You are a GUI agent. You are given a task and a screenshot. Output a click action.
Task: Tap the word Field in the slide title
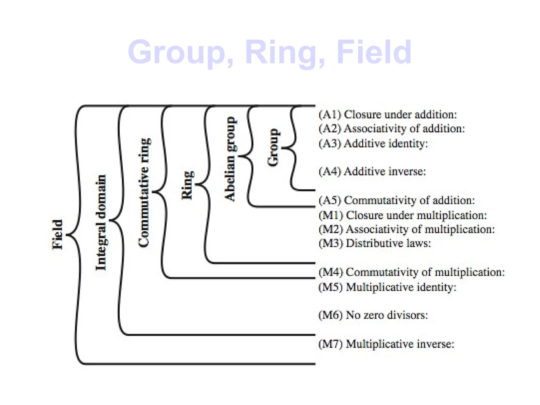tap(374, 52)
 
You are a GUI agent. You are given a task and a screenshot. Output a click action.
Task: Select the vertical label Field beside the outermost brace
tap(57, 234)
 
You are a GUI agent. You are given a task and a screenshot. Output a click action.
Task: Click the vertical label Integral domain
tap(101, 223)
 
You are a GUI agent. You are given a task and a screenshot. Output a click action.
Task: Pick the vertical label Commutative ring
tap(144, 192)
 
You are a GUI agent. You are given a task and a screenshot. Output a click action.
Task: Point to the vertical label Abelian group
tap(230, 159)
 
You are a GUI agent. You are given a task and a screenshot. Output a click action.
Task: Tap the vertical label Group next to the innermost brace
tap(273, 148)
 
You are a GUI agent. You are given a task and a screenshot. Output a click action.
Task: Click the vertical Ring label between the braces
tap(187, 185)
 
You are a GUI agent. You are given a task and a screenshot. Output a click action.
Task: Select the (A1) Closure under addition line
tap(388, 115)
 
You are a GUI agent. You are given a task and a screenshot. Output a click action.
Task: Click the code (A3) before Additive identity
tap(330, 144)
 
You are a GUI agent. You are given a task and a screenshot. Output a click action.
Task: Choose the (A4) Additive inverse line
tap(372, 172)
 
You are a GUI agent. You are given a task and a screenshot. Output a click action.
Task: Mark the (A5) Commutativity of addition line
tap(397, 200)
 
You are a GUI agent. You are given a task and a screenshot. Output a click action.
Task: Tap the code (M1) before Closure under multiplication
tap(331, 215)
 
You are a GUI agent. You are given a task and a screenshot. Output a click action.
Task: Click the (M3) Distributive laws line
tap(374, 243)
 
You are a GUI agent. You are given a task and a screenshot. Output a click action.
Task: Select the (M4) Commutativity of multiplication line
tap(411, 272)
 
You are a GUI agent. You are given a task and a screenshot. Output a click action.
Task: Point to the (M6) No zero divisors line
tap(373, 315)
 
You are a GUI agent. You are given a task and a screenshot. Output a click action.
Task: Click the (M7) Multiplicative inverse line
tap(386, 344)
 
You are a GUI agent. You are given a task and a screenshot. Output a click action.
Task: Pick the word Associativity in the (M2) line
tap(377, 229)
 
